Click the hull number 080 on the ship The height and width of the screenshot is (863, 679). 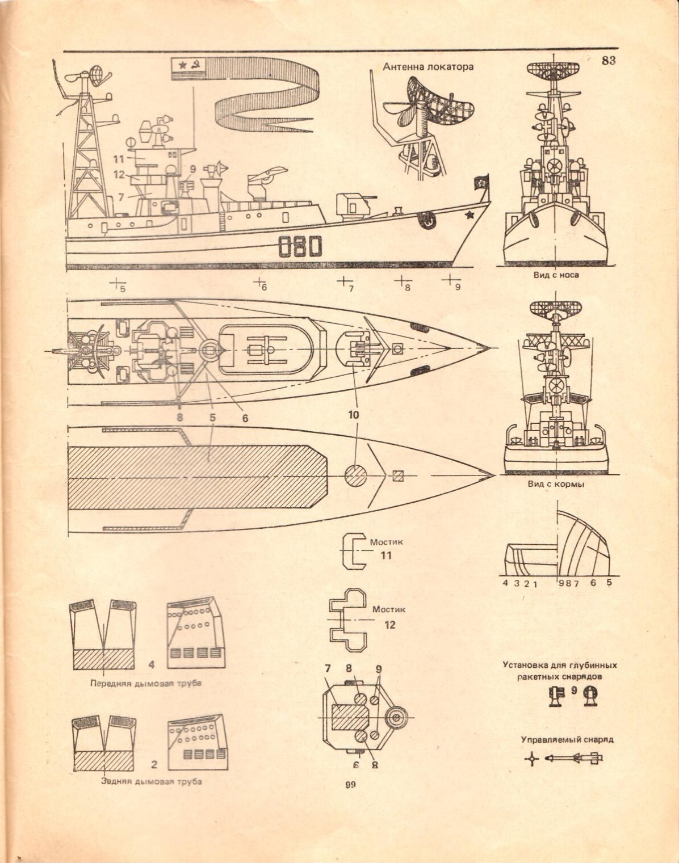[300, 247]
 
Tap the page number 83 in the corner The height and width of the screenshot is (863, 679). [608, 61]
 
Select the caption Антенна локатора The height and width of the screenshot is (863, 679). [428, 67]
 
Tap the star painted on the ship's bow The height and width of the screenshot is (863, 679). [469, 216]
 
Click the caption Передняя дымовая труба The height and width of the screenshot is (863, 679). [146, 683]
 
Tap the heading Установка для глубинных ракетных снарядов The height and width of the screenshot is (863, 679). [559, 671]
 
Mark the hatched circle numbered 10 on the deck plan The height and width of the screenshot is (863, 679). [357, 475]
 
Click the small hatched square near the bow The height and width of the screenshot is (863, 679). [398, 475]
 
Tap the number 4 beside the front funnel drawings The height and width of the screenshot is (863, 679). [152, 664]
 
